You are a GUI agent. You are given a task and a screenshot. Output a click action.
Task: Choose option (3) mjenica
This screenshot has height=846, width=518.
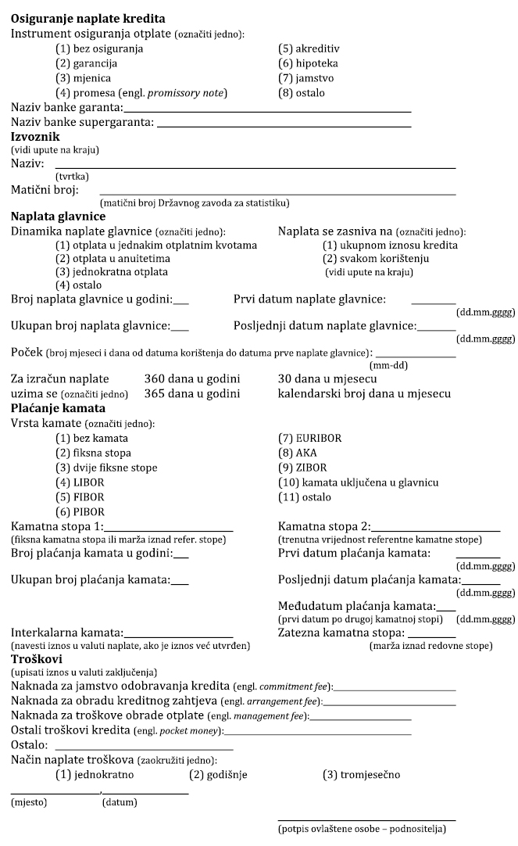click(83, 78)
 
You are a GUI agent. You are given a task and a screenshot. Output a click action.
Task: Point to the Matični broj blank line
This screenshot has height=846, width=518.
click(277, 192)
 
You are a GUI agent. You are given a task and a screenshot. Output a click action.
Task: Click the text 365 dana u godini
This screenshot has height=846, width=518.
click(192, 393)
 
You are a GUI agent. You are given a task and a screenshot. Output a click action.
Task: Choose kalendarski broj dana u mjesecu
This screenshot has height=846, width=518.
click(364, 393)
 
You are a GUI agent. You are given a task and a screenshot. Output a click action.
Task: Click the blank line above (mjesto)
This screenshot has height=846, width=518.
click(55, 794)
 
